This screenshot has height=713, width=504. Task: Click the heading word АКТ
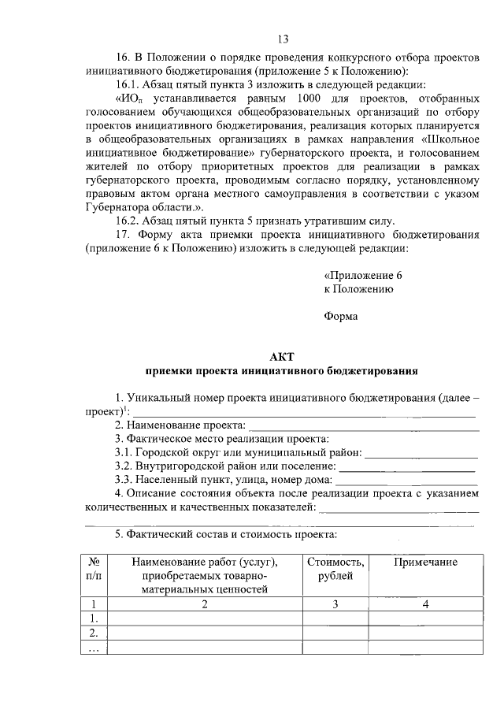(x=280, y=357)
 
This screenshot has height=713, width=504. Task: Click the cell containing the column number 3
(x=335, y=604)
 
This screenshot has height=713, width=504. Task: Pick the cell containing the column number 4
(x=425, y=604)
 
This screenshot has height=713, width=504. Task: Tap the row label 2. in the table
(x=94, y=633)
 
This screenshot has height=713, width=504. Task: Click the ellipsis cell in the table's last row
(x=94, y=647)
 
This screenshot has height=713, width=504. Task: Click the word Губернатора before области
(x=117, y=206)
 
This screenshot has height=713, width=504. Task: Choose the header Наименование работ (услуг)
(x=206, y=562)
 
